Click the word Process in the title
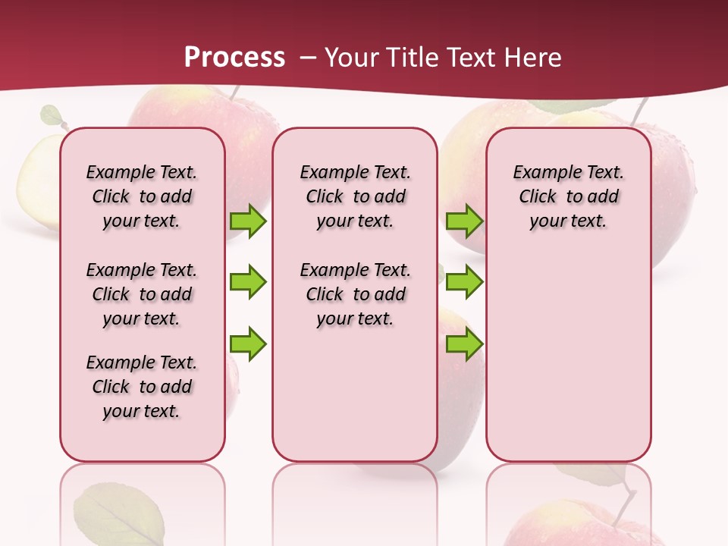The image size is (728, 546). click(x=234, y=57)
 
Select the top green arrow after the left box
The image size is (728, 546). click(x=248, y=221)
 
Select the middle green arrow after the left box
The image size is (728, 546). click(x=248, y=282)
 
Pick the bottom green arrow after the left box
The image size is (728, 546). click(x=248, y=344)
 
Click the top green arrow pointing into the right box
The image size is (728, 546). click(x=464, y=221)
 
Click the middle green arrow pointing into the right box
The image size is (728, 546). click(x=464, y=282)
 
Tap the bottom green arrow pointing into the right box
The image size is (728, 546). click(x=464, y=344)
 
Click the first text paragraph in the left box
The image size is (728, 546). click(x=142, y=196)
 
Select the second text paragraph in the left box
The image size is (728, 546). click(x=142, y=294)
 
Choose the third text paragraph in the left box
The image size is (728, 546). click(x=142, y=387)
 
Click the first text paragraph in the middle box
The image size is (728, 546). click(x=355, y=196)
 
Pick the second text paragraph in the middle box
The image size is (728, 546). click(x=355, y=294)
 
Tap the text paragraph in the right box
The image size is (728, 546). click(x=568, y=196)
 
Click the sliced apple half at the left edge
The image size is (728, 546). click(x=38, y=182)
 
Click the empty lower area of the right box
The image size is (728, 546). click(x=568, y=364)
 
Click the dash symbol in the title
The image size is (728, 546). click(x=307, y=58)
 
